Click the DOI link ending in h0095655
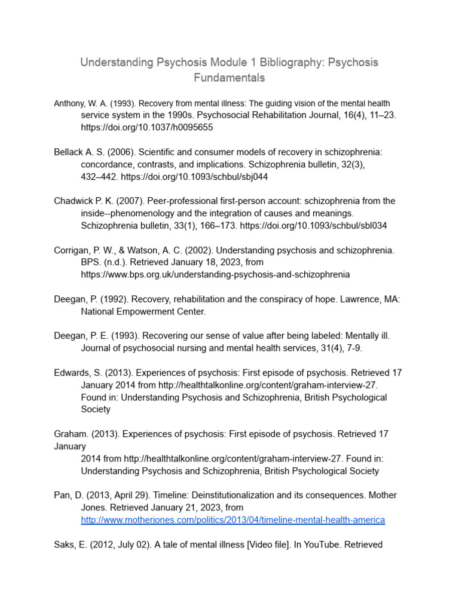(x=147, y=127)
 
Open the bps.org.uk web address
(x=215, y=274)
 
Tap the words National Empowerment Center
(x=143, y=311)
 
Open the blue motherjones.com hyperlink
(x=232, y=520)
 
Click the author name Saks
(x=65, y=544)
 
